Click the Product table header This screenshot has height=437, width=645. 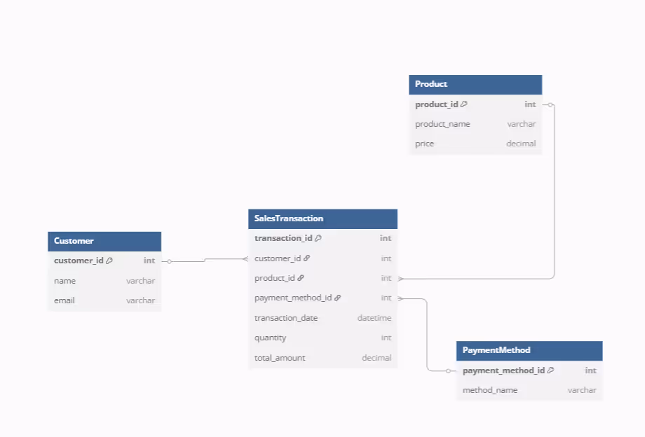[431, 84]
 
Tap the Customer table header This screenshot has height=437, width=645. [74, 241]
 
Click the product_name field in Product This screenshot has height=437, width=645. [442, 124]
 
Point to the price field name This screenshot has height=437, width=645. [424, 144]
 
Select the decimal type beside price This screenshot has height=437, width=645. [521, 144]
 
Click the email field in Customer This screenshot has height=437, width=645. [64, 300]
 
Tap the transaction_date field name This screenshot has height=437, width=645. [286, 318]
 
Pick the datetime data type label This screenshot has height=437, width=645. [374, 318]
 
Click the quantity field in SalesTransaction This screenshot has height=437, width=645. [271, 338]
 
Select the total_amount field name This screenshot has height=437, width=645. [280, 358]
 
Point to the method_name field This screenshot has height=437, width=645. [490, 390]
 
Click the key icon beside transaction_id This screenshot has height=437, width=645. [318, 238]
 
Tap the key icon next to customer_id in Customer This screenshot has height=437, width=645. [109, 261]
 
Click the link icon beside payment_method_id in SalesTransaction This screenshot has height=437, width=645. [337, 298]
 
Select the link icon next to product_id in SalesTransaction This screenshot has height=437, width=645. [301, 278]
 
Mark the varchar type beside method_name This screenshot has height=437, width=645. [582, 390]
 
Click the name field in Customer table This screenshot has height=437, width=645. [64, 281]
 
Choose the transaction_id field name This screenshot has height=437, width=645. [283, 238]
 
